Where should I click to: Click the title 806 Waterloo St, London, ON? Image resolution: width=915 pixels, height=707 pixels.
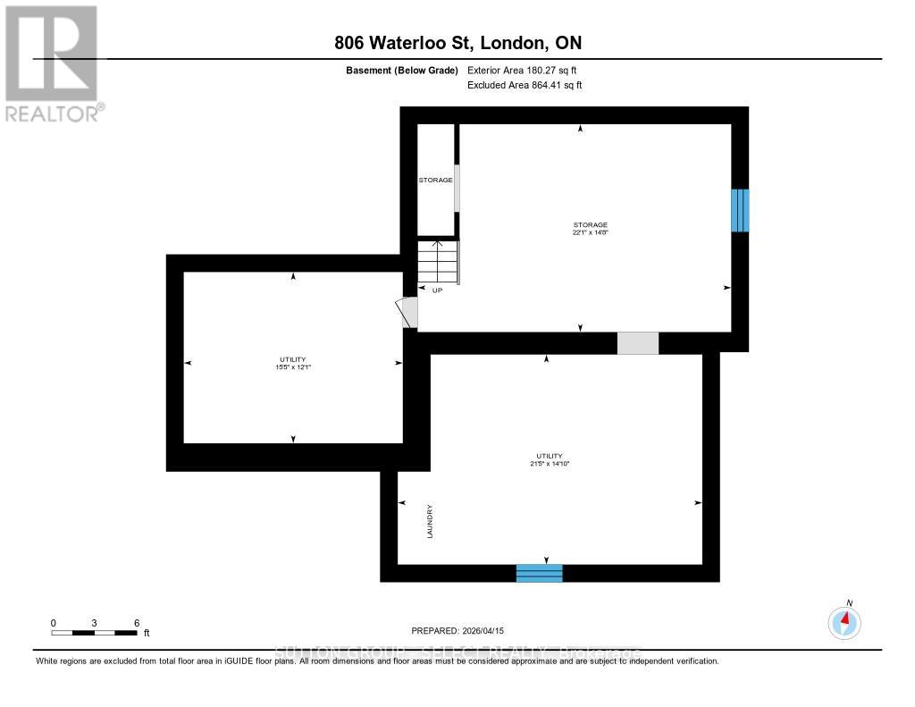tap(457, 43)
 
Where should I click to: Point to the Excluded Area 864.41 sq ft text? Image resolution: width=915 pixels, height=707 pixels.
tap(525, 86)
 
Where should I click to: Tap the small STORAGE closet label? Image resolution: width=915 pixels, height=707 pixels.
tap(435, 181)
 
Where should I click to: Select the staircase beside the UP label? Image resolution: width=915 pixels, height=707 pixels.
tap(438, 262)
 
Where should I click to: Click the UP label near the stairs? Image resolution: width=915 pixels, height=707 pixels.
tap(437, 290)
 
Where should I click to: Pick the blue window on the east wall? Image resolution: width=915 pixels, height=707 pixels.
tap(740, 210)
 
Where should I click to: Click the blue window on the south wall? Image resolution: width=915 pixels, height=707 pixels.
tap(539, 573)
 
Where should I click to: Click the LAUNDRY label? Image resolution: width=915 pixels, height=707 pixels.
tap(430, 521)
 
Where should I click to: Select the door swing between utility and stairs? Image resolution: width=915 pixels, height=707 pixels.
tap(407, 312)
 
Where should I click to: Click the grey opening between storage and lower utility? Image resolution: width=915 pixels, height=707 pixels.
tap(637, 343)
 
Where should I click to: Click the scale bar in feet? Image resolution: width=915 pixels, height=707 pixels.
tap(95, 632)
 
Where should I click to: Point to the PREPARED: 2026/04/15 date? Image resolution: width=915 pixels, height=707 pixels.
tap(463, 630)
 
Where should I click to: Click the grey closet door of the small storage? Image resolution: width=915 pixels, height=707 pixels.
tap(457, 188)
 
